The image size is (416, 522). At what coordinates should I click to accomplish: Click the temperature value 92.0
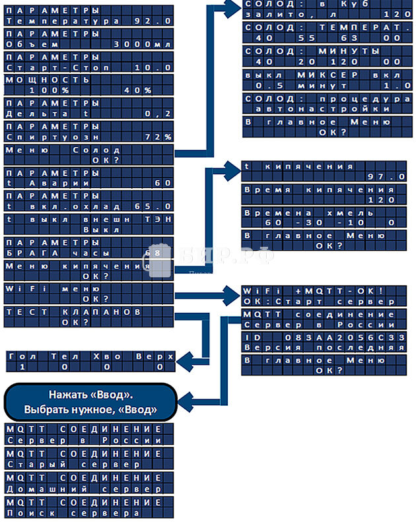pyautogui.click(x=153, y=20)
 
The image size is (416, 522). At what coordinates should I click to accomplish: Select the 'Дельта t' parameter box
pyautogui.click(x=88, y=108)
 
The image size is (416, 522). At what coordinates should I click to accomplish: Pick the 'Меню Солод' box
pyautogui.click(x=88, y=155)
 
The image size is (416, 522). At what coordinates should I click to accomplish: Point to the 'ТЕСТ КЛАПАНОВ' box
pyautogui.click(x=88, y=317)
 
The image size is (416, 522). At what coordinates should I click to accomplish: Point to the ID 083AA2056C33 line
pyautogui.click(x=322, y=338)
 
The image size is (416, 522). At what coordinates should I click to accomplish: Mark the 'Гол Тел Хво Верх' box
pyautogui.click(x=91, y=361)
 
